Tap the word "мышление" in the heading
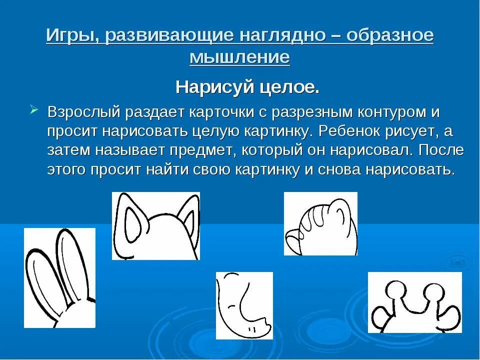pyautogui.click(x=239, y=57)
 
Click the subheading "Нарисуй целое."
pyautogui.click(x=247, y=88)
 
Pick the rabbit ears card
pyautogui.click(x=59, y=278)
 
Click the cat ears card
pyautogui.click(x=155, y=226)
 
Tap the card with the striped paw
pyautogui.click(x=320, y=223)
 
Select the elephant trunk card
pyautogui.click(x=244, y=305)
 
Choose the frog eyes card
pyautogui.click(x=414, y=302)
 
